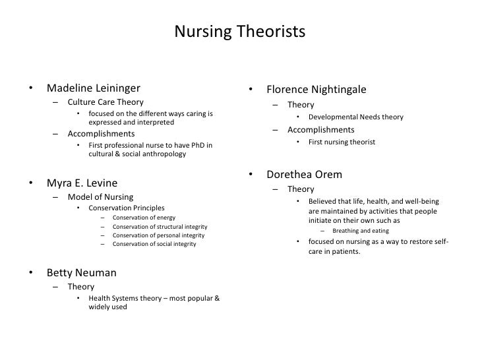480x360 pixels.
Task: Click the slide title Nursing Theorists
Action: click(x=240, y=32)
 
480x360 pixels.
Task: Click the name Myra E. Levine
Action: click(x=82, y=182)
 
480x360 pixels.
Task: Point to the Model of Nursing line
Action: click(x=100, y=196)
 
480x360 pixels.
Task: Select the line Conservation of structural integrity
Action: click(x=158, y=227)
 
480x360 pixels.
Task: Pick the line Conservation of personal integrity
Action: click(x=158, y=235)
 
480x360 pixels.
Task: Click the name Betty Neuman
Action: click(x=80, y=272)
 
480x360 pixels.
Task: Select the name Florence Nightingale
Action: click(x=316, y=89)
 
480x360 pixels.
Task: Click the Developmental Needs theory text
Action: click(x=355, y=117)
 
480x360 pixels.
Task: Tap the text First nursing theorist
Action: click(x=342, y=141)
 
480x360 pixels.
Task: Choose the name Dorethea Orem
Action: click(x=304, y=175)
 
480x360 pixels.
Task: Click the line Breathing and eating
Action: click(x=361, y=231)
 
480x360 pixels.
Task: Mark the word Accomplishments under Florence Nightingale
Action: click(x=320, y=129)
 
